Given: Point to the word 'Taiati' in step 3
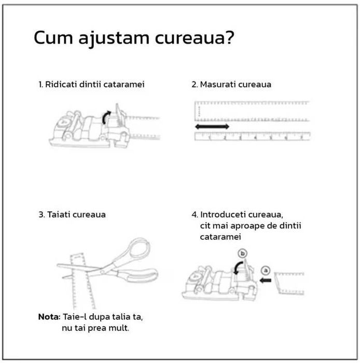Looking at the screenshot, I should [59, 214].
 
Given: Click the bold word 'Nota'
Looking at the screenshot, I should [49, 317].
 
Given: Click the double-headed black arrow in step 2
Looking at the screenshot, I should [212, 127].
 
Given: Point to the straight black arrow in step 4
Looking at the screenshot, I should [266, 280].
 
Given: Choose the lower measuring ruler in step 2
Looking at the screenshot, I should [252, 137].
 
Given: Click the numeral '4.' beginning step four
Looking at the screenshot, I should [195, 214].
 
